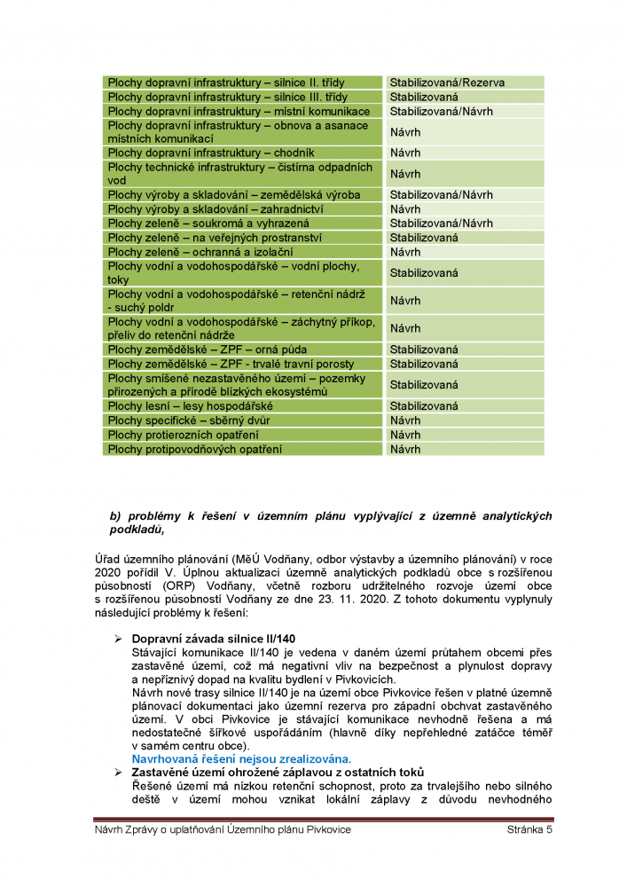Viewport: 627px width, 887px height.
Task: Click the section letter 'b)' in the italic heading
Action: click(114, 515)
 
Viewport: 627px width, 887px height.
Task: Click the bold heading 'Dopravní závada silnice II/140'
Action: click(213, 639)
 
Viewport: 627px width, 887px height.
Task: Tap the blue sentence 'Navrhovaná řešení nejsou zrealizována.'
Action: click(241, 758)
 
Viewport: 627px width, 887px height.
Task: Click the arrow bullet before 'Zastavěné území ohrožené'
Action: click(117, 773)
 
